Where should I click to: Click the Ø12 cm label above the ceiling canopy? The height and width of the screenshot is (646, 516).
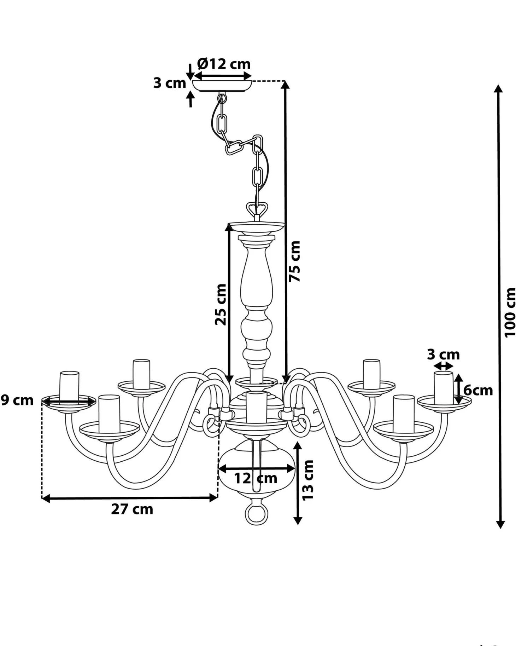point(224,64)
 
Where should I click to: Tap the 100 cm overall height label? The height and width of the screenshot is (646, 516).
point(510,312)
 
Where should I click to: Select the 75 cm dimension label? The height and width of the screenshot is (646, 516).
point(294,261)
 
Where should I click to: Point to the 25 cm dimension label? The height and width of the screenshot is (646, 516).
point(221,304)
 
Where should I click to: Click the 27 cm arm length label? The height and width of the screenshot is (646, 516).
point(132,509)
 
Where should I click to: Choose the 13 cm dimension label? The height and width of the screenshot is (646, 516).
point(307,480)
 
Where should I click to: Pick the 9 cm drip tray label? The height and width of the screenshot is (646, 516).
point(17,400)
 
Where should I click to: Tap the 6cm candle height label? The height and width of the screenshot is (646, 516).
point(478,390)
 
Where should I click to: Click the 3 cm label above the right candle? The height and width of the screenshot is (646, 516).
point(443,354)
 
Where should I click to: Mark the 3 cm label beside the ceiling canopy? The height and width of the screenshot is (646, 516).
point(169,83)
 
